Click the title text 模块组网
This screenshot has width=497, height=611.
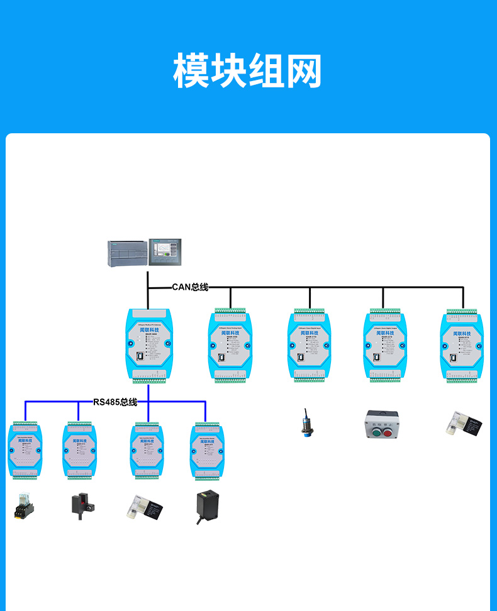[247, 71]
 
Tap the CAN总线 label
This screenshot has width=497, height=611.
[190, 287]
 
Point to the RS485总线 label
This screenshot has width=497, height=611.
[115, 402]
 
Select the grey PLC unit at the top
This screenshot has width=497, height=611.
[126, 253]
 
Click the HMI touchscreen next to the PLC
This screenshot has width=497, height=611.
[165, 253]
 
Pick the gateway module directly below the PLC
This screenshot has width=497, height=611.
[149, 345]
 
